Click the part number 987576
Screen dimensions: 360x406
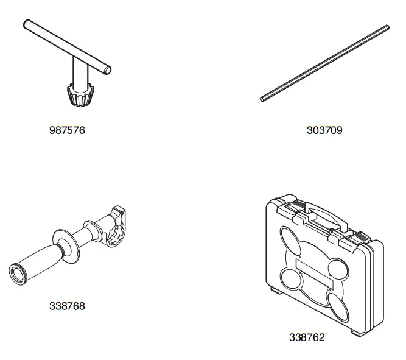click(x=66, y=130)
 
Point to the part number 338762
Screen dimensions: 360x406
click(x=307, y=337)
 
